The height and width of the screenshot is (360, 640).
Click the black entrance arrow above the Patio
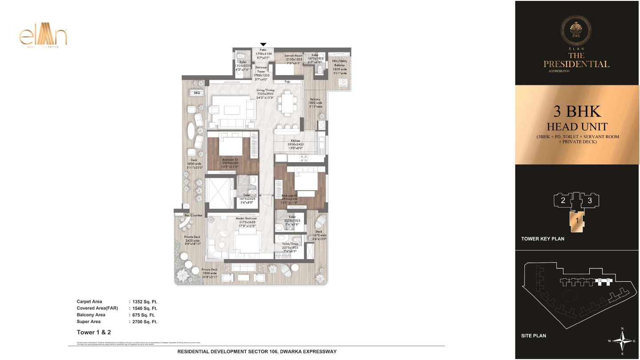pyautogui.click(x=263, y=44)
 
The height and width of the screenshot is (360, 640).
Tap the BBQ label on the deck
pyautogui.click(x=197, y=93)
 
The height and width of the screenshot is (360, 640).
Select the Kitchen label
pyautogui.click(x=296, y=141)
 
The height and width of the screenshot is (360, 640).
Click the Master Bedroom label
pyautogui.click(x=245, y=218)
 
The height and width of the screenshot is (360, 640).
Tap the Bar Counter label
pyautogui.click(x=193, y=215)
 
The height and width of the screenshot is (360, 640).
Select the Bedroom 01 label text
pyautogui.click(x=231, y=160)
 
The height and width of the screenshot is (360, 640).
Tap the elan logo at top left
pyautogui.click(x=43, y=37)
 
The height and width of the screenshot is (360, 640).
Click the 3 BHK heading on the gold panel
pyautogui.click(x=577, y=111)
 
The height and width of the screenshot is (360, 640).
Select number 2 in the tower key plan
pyautogui.click(x=563, y=200)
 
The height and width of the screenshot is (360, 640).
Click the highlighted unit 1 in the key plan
pyautogui.click(x=577, y=220)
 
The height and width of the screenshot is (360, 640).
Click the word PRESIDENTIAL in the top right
pyautogui.click(x=576, y=64)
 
